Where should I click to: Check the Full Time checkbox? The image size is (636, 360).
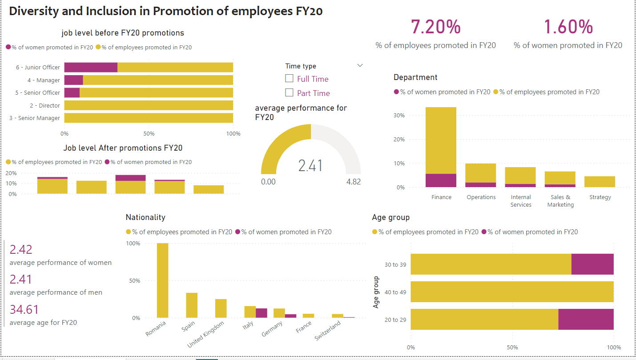click(x=289, y=79)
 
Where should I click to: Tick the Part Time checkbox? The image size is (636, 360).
click(x=289, y=93)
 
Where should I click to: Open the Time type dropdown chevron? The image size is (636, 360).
click(x=360, y=66)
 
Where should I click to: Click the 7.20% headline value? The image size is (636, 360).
click(x=435, y=27)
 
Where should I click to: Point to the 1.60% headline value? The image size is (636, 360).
click(x=568, y=27)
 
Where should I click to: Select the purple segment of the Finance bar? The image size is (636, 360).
click(x=441, y=180)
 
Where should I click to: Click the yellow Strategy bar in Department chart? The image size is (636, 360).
click(x=600, y=182)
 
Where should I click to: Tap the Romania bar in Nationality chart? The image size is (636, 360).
click(x=162, y=280)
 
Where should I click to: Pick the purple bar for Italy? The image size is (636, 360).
click(x=262, y=313)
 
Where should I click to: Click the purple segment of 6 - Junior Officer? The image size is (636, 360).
click(x=91, y=68)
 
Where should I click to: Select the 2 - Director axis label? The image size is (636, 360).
click(x=44, y=105)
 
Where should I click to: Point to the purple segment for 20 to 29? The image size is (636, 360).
click(x=586, y=319)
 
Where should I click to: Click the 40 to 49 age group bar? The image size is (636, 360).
click(x=512, y=292)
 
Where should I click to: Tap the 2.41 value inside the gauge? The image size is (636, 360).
click(x=310, y=165)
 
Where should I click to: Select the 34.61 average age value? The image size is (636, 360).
click(x=24, y=309)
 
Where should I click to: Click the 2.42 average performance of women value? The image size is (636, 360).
click(x=21, y=249)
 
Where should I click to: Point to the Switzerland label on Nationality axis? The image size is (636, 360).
click(x=327, y=331)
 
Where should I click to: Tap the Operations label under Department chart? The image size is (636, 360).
click(x=481, y=197)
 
